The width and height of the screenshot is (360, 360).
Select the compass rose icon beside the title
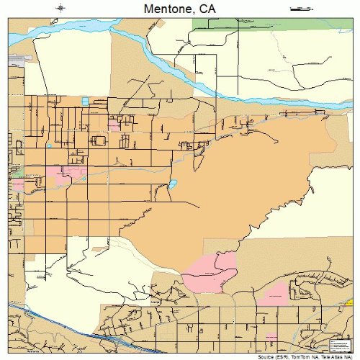point(61,8)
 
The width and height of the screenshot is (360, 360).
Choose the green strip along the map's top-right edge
point(274,24)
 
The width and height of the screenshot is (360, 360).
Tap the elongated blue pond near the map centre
point(173,184)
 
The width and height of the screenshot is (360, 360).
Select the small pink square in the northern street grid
point(113,125)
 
